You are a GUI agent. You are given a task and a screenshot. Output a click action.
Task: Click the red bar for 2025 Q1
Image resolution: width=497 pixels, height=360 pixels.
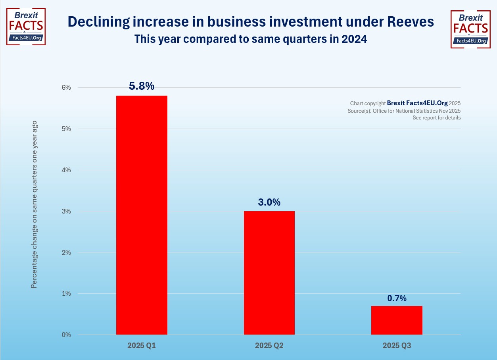(x=142, y=215)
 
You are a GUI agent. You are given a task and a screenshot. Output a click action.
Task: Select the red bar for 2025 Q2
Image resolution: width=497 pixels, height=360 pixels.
(x=269, y=273)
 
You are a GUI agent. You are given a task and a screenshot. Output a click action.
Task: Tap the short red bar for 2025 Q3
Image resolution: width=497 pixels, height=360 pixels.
(x=397, y=320)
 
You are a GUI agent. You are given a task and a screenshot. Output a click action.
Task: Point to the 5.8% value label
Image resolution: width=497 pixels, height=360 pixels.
(x=142, y=86)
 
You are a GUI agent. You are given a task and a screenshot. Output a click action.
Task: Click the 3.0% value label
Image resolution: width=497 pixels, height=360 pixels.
(x=269, y=202)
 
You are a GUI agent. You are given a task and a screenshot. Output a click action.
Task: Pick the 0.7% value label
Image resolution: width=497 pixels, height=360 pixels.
(x=397, y=298)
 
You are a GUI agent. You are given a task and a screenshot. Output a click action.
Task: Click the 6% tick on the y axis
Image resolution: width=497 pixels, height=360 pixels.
(x=66, y=87)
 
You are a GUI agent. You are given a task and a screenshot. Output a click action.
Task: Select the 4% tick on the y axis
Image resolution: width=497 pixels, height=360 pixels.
(x=66, y=170)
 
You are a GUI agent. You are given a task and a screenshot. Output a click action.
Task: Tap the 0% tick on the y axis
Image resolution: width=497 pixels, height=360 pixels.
(x=66, y=335)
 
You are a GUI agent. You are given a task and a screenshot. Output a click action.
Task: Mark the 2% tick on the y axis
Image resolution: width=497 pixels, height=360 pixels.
(x=66, y=252)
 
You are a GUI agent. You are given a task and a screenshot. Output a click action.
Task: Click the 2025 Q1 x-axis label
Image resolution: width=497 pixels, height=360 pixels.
(x=142, y=346)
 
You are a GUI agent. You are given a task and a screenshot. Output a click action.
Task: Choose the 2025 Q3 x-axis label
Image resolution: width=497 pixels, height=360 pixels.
(x=397, y=346)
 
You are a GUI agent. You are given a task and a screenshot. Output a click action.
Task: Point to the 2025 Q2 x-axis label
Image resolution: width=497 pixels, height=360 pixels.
(x=269, y=346)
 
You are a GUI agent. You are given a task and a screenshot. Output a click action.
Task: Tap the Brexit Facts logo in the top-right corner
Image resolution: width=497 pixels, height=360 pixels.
(x=471, y=29)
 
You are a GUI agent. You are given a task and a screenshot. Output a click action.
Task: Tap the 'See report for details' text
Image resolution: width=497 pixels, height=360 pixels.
(x=436, y=118)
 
